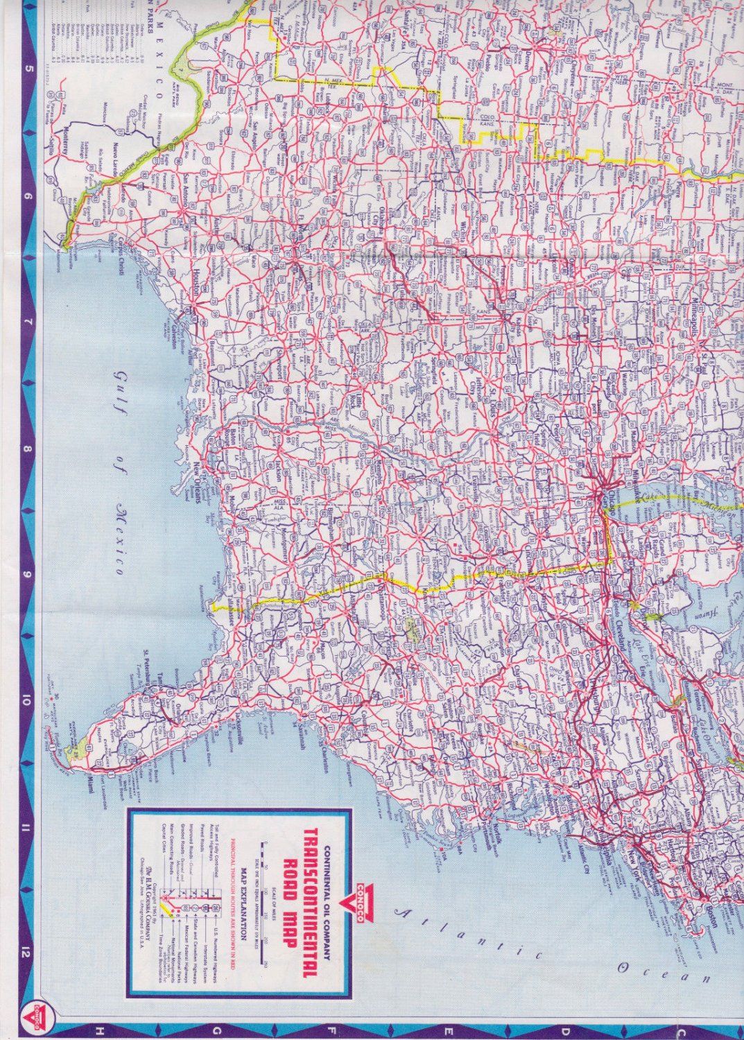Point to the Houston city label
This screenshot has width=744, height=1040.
point(196,284)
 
